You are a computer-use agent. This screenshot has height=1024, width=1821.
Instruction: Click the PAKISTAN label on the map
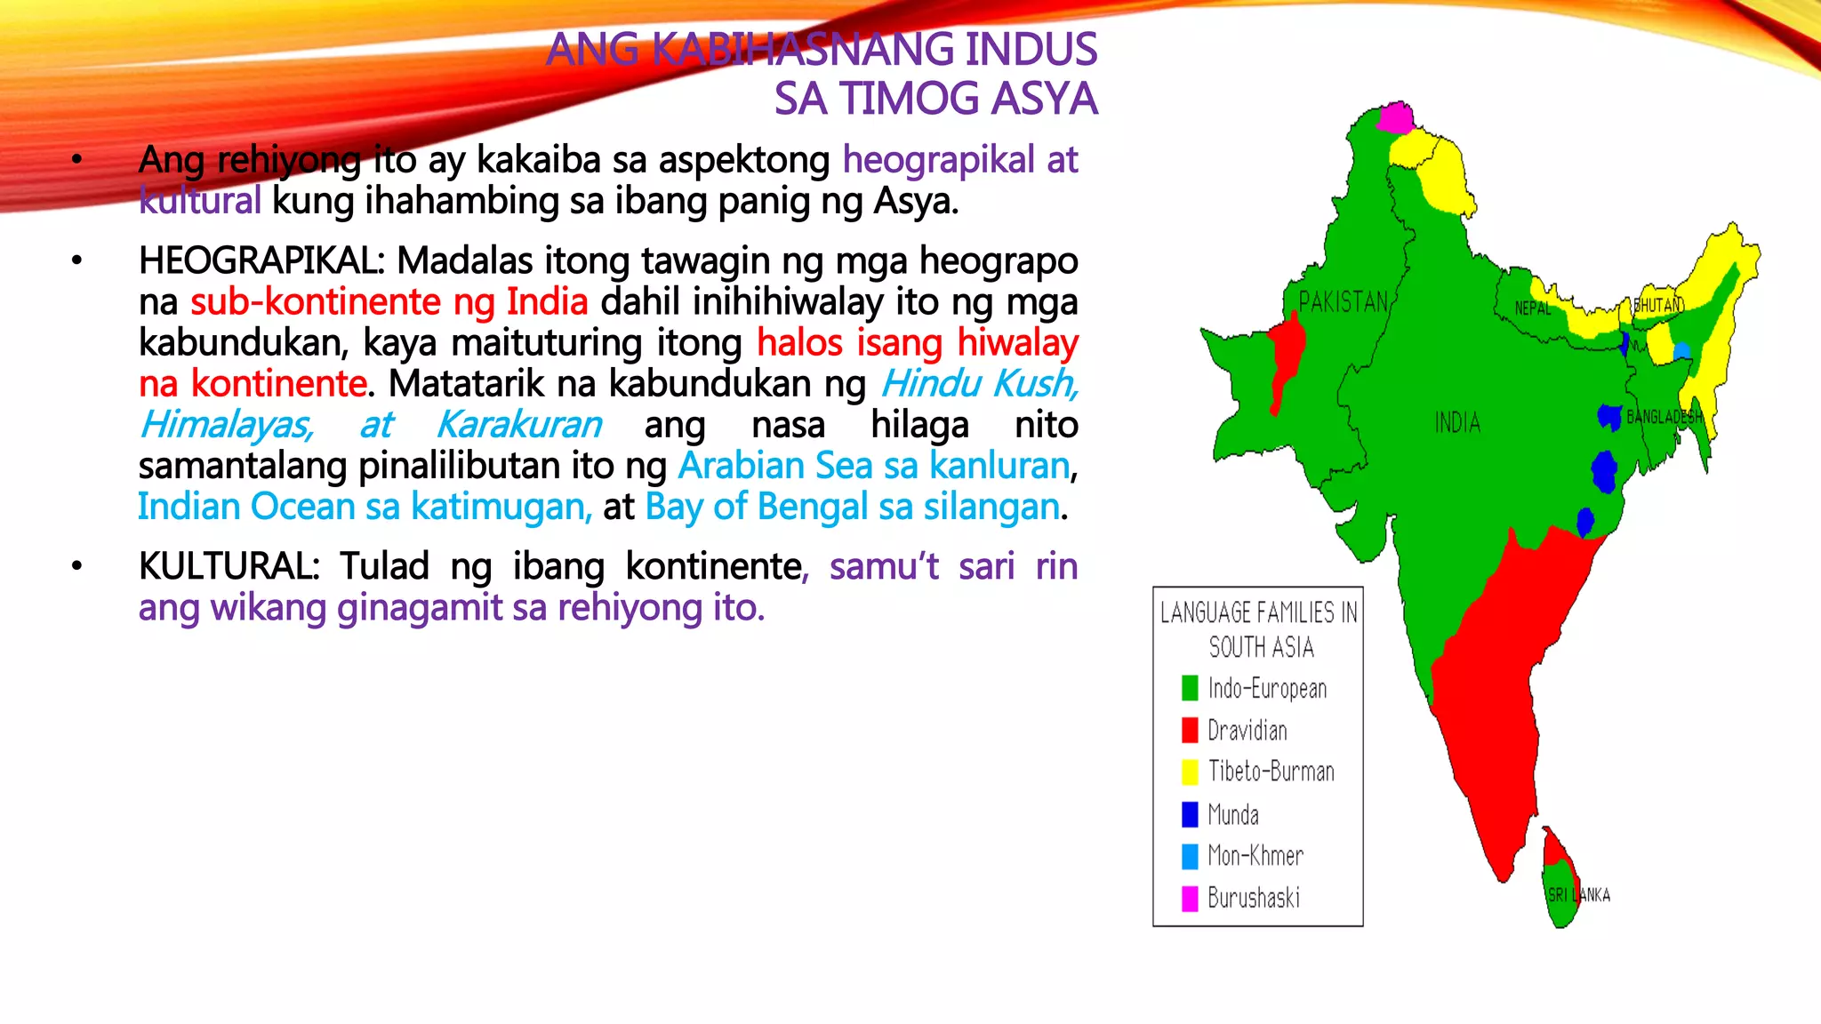coord(1343,302)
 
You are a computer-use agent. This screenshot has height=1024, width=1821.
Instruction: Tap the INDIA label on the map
coord(1457,422)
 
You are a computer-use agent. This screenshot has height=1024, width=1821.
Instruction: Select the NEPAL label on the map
coord(1533,308)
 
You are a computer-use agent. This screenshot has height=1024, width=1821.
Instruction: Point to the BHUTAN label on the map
coord(1658,305)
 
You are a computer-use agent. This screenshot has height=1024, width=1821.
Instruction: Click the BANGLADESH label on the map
coord(1665,416)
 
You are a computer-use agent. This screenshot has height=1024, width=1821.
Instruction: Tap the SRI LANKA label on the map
coord(1579,895)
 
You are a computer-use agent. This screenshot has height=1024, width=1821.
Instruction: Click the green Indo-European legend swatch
coord(1190,688)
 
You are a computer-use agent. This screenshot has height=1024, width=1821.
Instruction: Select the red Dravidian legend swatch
coord(1190,730)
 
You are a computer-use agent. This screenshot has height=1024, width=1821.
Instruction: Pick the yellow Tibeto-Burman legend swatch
coord(1190,772)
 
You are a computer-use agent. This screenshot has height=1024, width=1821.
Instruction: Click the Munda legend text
coord(1233,814)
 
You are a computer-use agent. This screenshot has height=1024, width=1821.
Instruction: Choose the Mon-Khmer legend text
coord(1255,856)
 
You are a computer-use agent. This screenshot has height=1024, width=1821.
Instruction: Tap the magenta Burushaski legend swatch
coord(1190,899)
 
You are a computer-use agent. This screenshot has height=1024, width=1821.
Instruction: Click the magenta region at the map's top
coord(1395,117)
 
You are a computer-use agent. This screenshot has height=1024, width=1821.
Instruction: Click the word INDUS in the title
coord(1031,50)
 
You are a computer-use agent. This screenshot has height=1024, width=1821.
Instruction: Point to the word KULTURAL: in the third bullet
coord(229,566)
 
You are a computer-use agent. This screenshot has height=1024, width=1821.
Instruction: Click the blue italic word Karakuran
coord(518,425)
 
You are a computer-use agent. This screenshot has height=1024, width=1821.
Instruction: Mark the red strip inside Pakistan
coord(1285,356)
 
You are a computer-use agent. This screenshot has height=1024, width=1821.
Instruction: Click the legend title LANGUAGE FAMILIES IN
coord(1259,612)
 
